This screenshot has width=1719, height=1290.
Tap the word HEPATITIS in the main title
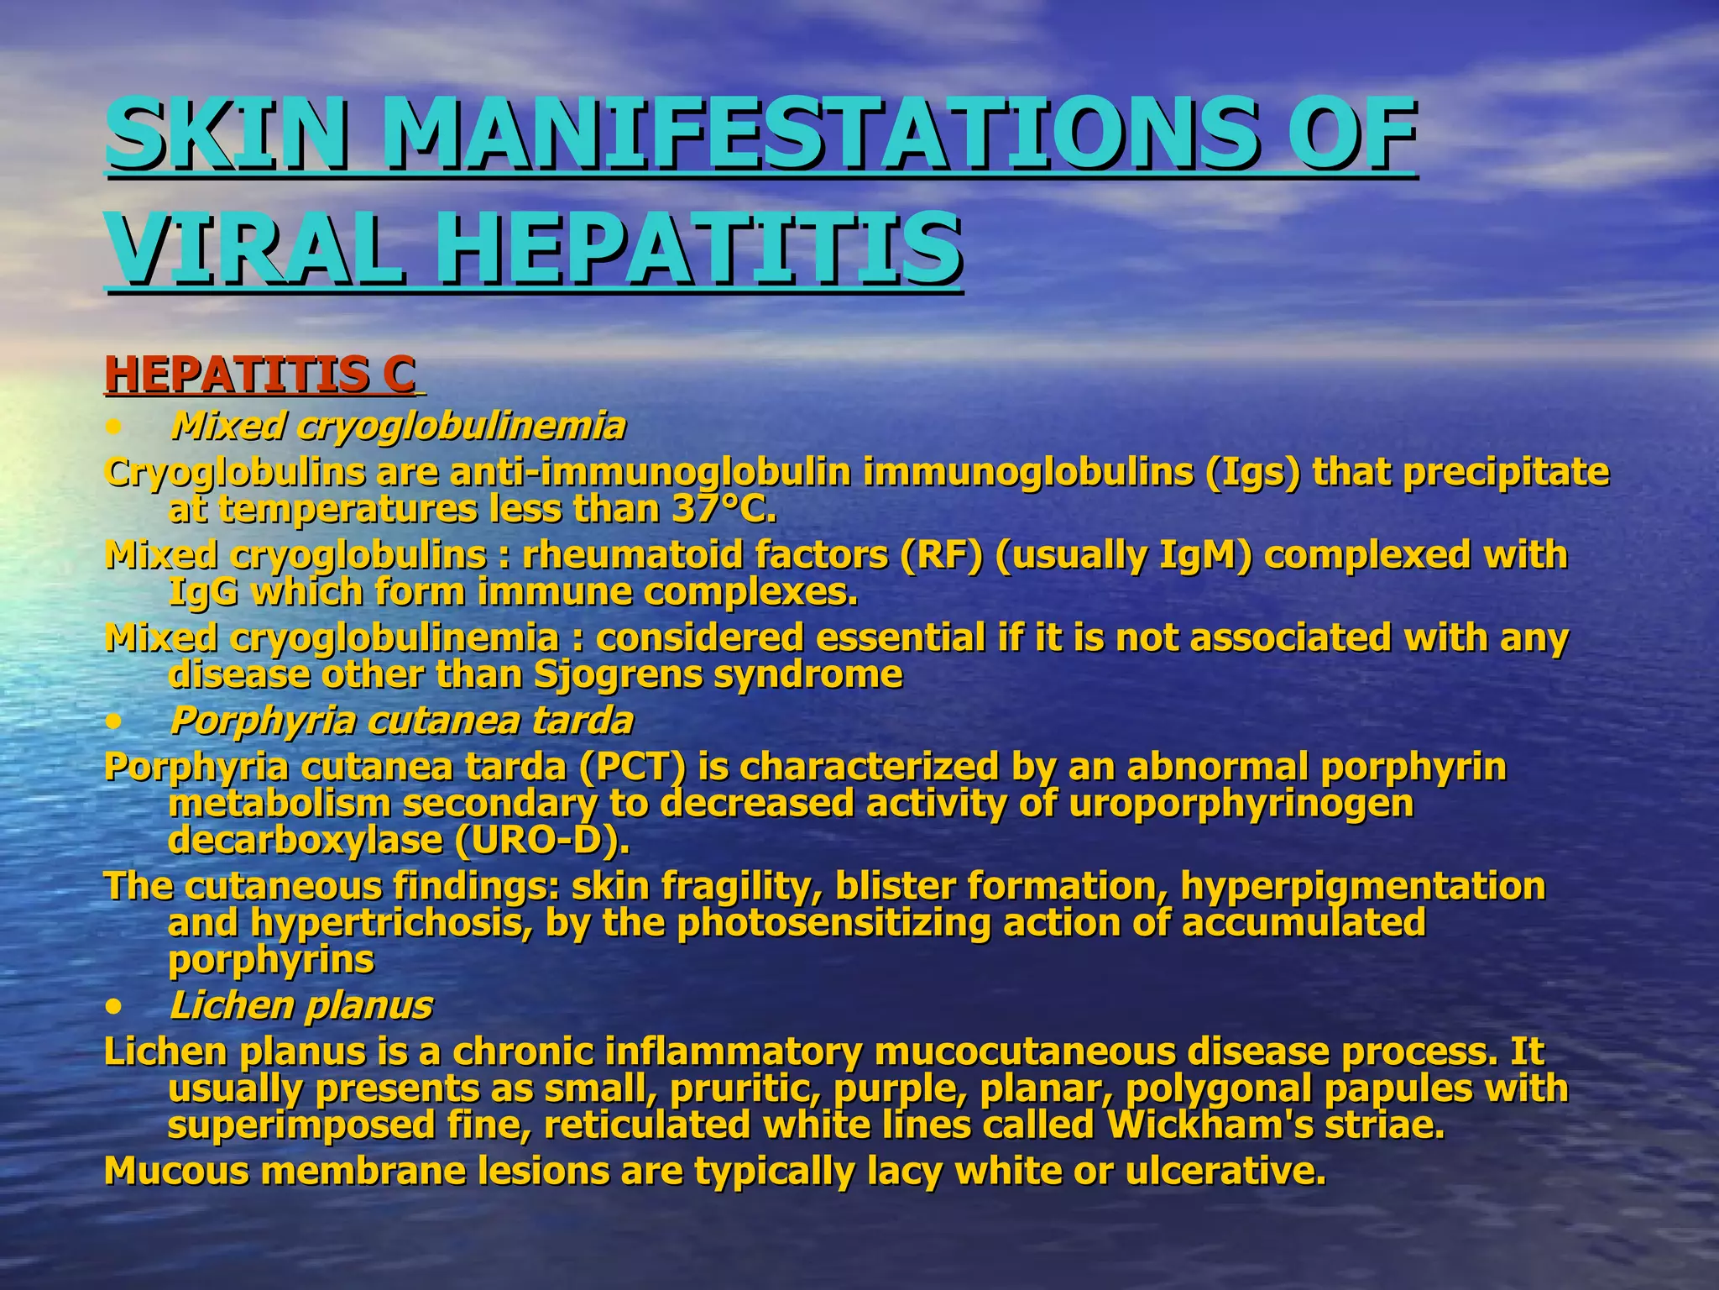click(x=699, y=249)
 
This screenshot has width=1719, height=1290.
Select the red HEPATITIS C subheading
click(x=260, y=375)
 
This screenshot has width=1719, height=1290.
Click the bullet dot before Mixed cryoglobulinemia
click(x=115, y=427)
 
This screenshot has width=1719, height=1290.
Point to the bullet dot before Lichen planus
click(x=115, y=1006)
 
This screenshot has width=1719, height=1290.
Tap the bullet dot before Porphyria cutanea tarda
click(x=115, y=721)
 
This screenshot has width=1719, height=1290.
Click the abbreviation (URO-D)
click(x=541, y=840)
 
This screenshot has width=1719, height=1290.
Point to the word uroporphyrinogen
click(x=1241, y=804)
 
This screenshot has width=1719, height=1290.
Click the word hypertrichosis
click(x=390, y=923)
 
